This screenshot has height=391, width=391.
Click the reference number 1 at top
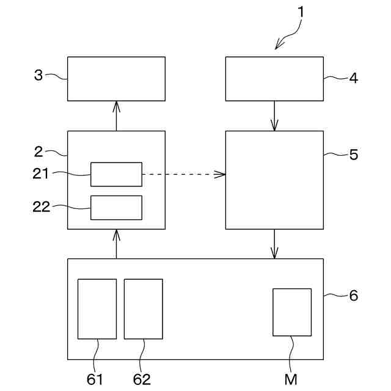(300, 11)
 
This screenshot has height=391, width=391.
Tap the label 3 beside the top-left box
(38, 75)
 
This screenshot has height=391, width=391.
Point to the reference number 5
(353, 155)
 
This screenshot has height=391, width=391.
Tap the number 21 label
(40, 174)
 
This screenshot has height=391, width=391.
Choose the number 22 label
(40, 206)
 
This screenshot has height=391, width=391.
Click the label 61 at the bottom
(95, 379)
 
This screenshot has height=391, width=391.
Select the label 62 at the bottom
(142, 379)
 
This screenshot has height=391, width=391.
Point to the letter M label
(291, 379)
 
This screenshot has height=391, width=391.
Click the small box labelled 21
(116, 174)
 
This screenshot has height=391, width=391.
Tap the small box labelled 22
(116, 208)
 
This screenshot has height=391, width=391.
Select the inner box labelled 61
(97, 309)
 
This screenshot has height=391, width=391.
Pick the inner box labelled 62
(143, 309)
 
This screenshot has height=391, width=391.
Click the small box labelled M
(291, 312)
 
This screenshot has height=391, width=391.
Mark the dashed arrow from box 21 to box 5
(183, 175)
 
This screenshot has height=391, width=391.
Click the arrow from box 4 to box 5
(274, 115)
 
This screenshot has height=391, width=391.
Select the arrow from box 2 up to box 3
(116, 115)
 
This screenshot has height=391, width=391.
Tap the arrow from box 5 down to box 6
(274, 244)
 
